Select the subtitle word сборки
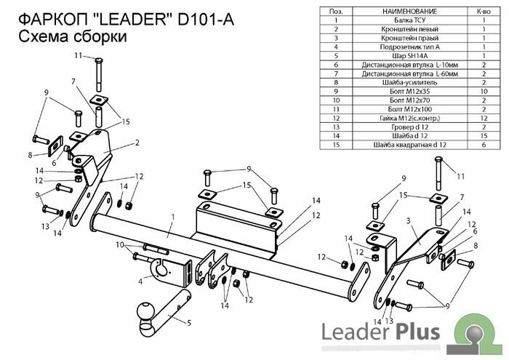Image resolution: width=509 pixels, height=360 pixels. click(93, 38)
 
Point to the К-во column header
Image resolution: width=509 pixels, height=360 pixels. click(484, 12)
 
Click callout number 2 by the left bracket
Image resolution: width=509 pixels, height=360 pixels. click(135, 143)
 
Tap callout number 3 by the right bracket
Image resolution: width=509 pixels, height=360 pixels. click(409, 220)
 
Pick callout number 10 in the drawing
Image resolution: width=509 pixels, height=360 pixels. click(119, 245)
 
